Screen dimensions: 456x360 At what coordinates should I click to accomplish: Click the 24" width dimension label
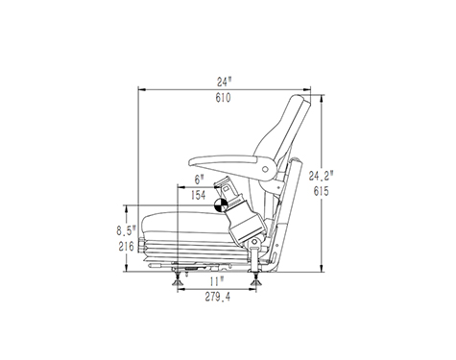tap(224, 82)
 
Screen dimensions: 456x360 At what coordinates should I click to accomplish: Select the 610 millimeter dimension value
tap(223, 98)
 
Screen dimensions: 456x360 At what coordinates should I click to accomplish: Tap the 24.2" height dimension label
tap(321, 176)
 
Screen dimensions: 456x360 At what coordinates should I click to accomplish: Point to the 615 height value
tap(321, 191)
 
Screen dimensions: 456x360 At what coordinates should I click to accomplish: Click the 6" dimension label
tap(200, 180)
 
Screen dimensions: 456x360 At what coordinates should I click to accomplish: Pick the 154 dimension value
tap(199, 195)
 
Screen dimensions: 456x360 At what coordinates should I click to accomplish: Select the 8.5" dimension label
tap(126, 230)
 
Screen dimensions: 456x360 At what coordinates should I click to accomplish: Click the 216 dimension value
tap(126, 247)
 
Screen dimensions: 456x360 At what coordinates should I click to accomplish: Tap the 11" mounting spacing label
tap(217, 282)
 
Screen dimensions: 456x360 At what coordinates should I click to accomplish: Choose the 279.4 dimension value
tap(218, 298)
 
